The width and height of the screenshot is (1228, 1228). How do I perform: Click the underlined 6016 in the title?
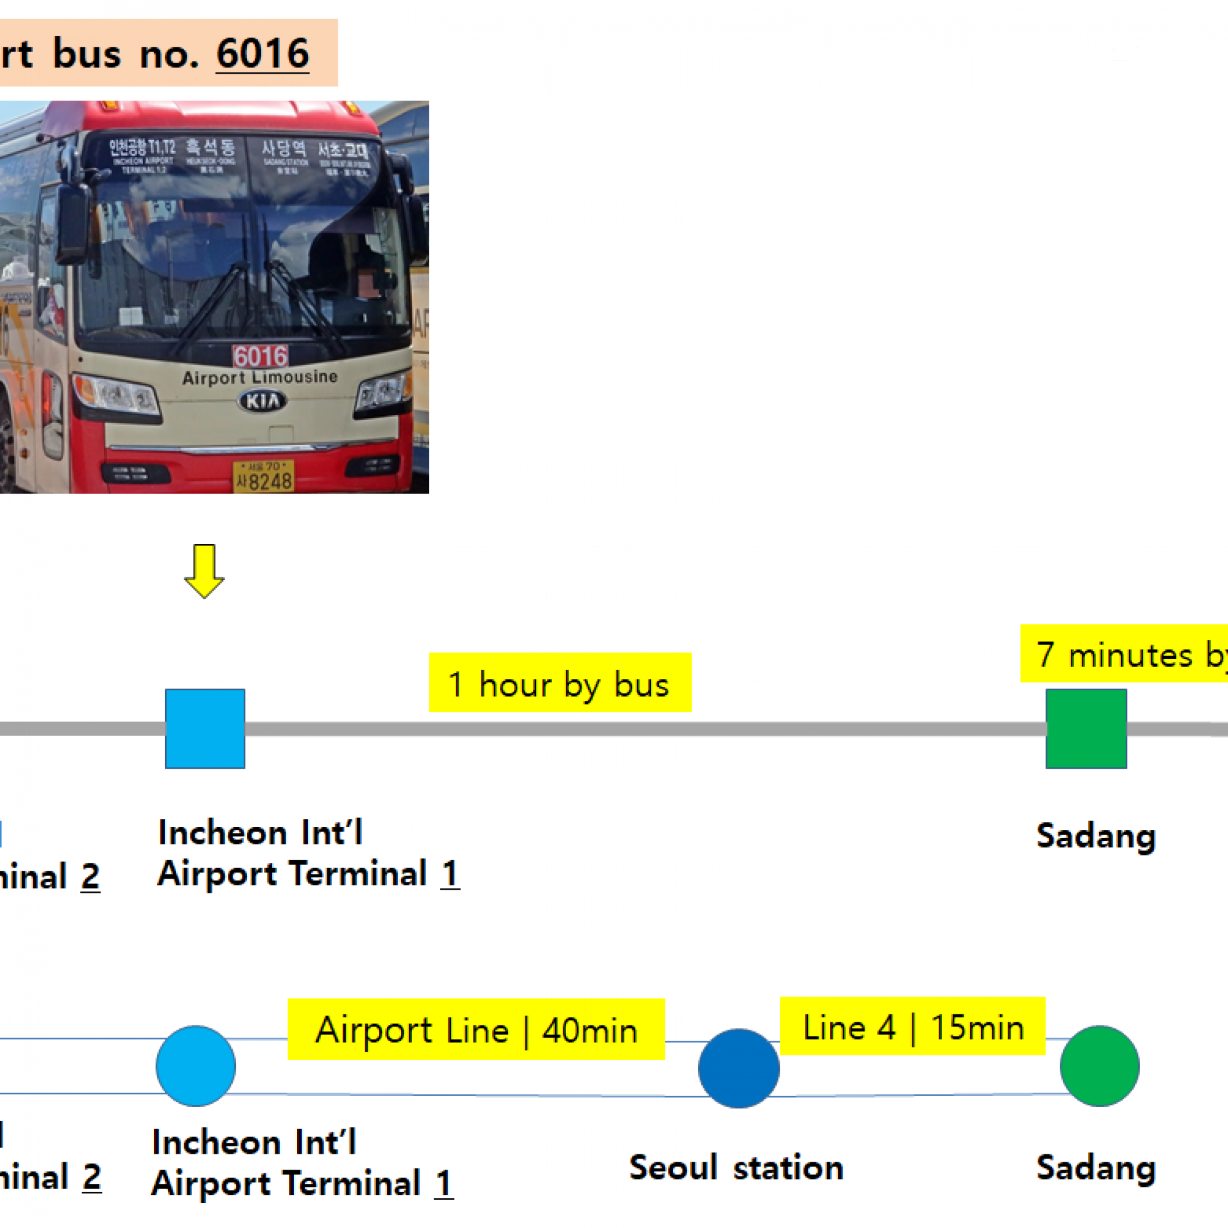tap(263, 54)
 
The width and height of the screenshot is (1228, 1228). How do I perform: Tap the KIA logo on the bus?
tap(262, 400)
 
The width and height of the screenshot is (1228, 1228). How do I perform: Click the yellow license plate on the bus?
tap(263, 476)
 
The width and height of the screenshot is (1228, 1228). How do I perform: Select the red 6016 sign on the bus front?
tap(260, 356)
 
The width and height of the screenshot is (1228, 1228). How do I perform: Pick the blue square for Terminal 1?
tap(204, 728)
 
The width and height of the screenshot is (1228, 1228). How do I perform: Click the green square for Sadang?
tap(1086, 728)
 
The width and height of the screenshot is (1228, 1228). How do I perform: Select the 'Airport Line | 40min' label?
tap(476, 1030)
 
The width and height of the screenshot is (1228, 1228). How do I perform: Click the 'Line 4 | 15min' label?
tap(913, 1027)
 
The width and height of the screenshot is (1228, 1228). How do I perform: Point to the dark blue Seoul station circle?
tap(739, 1068)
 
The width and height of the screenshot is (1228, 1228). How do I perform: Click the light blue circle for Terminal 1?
tap(196, 1066)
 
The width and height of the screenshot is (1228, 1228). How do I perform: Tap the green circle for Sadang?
tap(1100, 1066)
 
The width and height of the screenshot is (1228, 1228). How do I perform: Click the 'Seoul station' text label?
tap(736, 1168)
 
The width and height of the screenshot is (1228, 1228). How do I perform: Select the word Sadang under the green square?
tap(1096, 836)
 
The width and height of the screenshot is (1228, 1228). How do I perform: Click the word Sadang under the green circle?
tap(1096, 1168)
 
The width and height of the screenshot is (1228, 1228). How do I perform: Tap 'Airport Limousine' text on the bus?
tap(259, 378)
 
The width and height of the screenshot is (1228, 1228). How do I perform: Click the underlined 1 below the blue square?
tap(450, 873)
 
